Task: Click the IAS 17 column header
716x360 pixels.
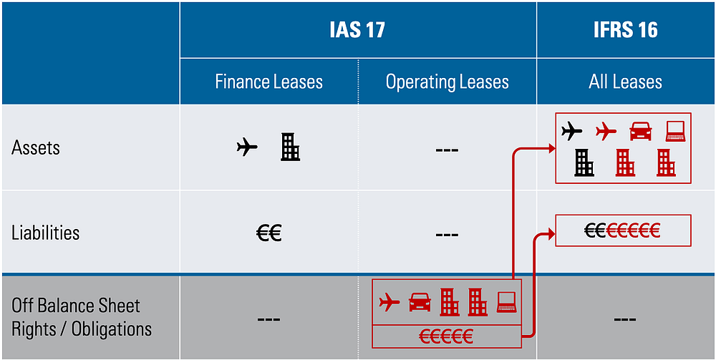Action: (357, 30)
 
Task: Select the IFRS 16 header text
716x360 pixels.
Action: (625, 30)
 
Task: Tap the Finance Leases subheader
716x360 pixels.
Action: (269, 82)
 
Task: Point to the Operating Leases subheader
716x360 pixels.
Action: (447, 82)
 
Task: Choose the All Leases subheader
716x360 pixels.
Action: (625, 82)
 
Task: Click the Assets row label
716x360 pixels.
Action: (36, 148)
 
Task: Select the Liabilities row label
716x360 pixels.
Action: (45, 233)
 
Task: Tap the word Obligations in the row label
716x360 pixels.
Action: (112, 329)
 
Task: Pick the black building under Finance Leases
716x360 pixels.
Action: (290, 147)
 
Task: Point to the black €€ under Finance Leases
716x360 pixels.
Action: (268, 233)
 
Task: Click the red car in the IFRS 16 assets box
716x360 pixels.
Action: (641, 132)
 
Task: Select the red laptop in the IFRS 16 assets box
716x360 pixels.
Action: (675, 132)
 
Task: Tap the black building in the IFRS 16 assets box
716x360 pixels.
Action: (584, 163)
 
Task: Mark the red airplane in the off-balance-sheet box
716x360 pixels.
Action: (390, 302)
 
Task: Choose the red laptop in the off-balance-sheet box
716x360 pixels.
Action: (506, 302)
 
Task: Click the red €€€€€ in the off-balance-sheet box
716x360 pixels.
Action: (446, 336)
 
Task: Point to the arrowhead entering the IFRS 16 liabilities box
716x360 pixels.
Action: (550, 233)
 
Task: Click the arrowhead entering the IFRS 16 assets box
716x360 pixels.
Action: (550, 148)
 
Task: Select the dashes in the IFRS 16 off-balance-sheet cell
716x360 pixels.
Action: (625, 319)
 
